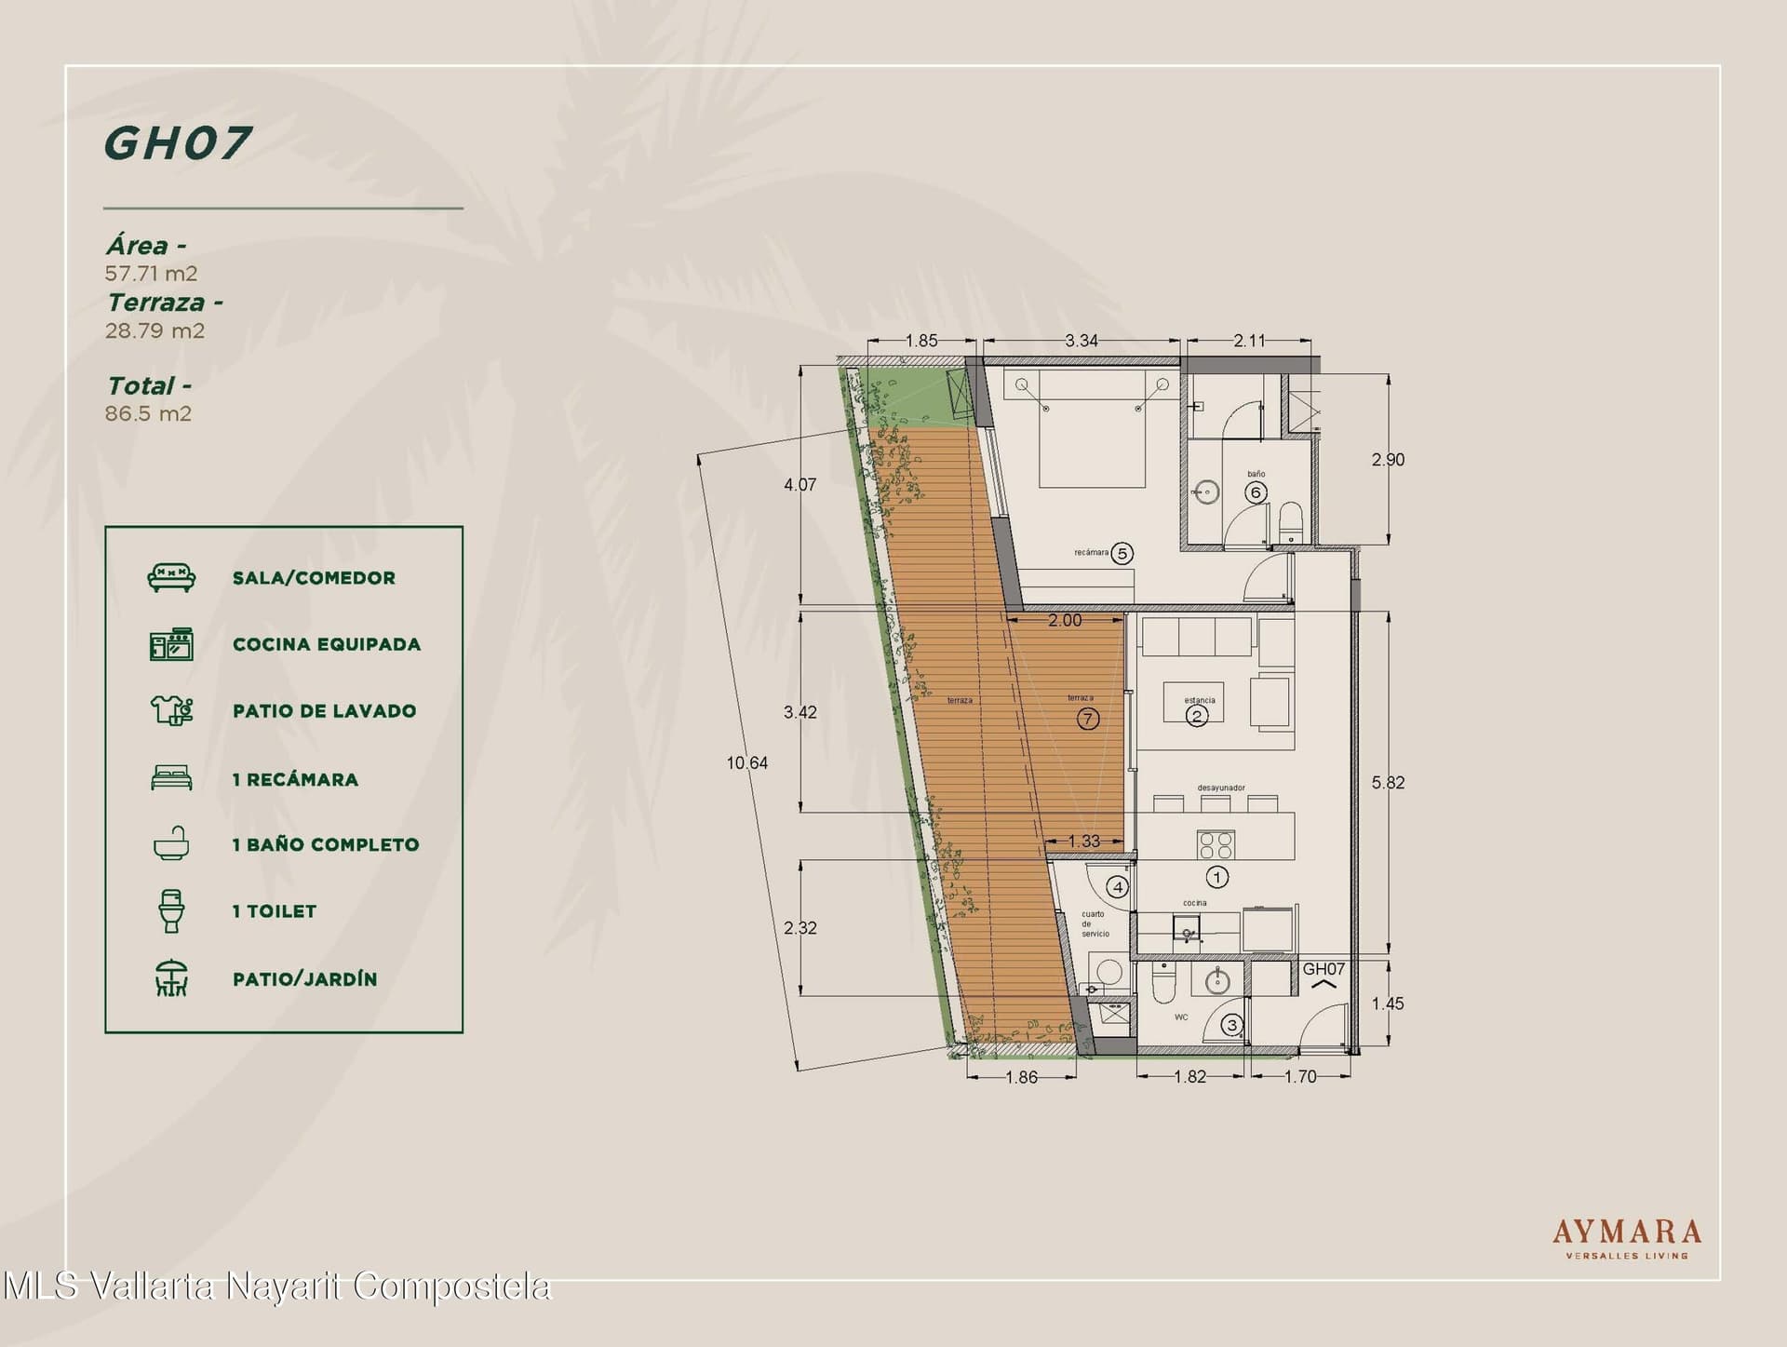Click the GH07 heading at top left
pos(177,142)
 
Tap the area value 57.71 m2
pos(151,274)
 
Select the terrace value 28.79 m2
pos(155,330)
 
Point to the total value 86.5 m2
pos(148,413)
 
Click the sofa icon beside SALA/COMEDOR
pos(171,577)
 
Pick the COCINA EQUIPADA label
pos(327,644)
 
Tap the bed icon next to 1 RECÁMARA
pos(171,777)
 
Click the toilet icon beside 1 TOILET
pos(171,910)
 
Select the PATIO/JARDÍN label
pos(305,978)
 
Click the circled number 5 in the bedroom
pos(1122,554)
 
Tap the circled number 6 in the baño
pos(1256,492)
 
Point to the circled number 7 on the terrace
pos(1087,719)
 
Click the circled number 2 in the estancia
pos(1197,716)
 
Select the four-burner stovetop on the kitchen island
pos(1216,844)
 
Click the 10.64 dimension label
pos(747,763)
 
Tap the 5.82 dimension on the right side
pos(1388,783)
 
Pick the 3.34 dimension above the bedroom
pos(1082,341)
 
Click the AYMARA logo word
pos(1626,1233)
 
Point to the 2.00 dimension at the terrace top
pos(1065,621)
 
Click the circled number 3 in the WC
pos(1232,1026)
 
